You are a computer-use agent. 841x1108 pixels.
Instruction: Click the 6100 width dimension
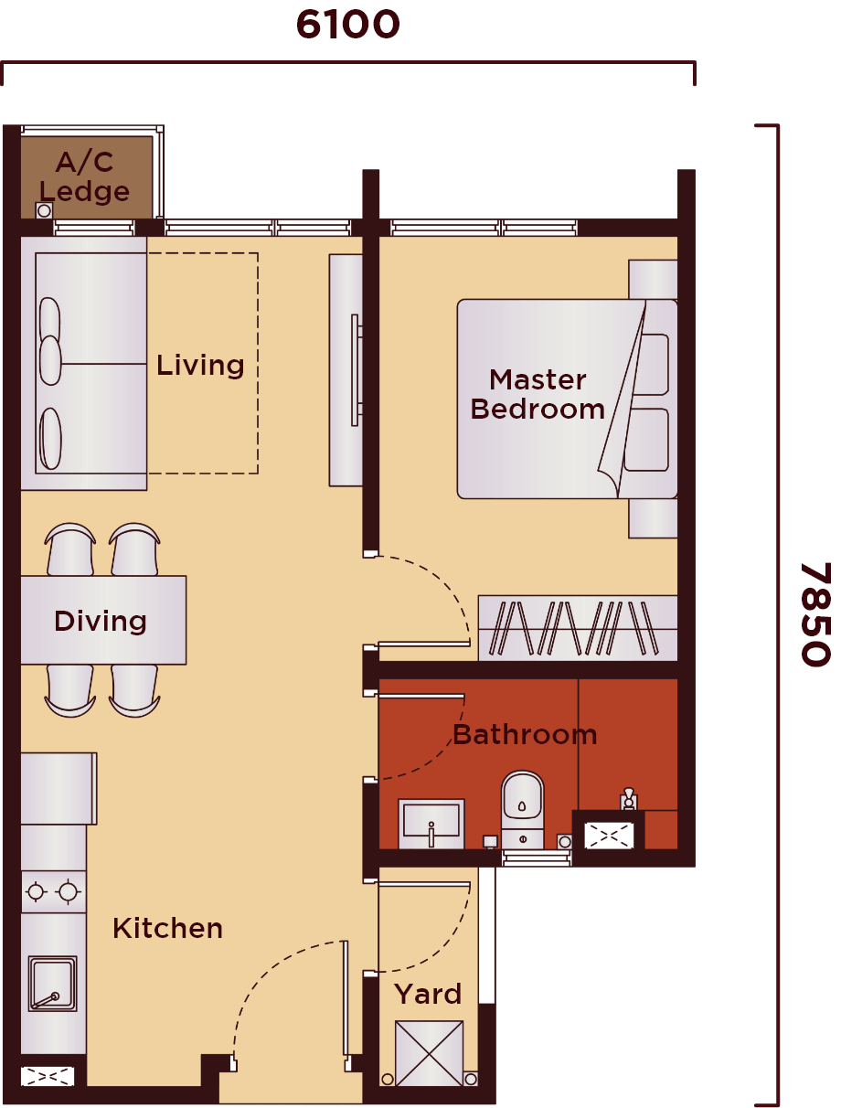(x=348, y=25)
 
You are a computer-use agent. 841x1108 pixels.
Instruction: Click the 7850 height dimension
(x=814, y=613)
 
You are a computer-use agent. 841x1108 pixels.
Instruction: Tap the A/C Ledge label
(x=85, y=176)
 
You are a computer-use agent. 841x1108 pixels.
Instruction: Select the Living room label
(x=200, y=366)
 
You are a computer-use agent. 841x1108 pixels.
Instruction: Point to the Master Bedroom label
(x=538, y=394)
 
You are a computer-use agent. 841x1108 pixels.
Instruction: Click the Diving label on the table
(x=101, y=622)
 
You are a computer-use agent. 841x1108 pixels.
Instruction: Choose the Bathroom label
(x=524, y=734)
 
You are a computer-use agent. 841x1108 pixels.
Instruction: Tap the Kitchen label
(x=167, y=929)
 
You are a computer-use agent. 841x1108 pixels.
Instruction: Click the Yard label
(x=428, y=994)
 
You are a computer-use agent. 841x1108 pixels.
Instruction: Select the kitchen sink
(x=52, y=984)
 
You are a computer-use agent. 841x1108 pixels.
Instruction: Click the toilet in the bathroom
(x=522, y=804)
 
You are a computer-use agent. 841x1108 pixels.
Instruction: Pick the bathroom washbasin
(x=431, y=820)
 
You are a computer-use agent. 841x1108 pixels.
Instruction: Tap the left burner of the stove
(x=37, y=891)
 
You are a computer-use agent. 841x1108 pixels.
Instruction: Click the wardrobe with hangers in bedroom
(x=578, y=628)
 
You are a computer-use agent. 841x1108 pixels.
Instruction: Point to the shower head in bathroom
(x=628, y=798)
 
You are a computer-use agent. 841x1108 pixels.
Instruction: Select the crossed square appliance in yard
(x=429, y=1053)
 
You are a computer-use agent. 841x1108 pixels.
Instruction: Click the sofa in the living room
(x=84, y=363)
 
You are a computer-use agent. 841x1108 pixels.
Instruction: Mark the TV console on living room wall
(x=346, y=370)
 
